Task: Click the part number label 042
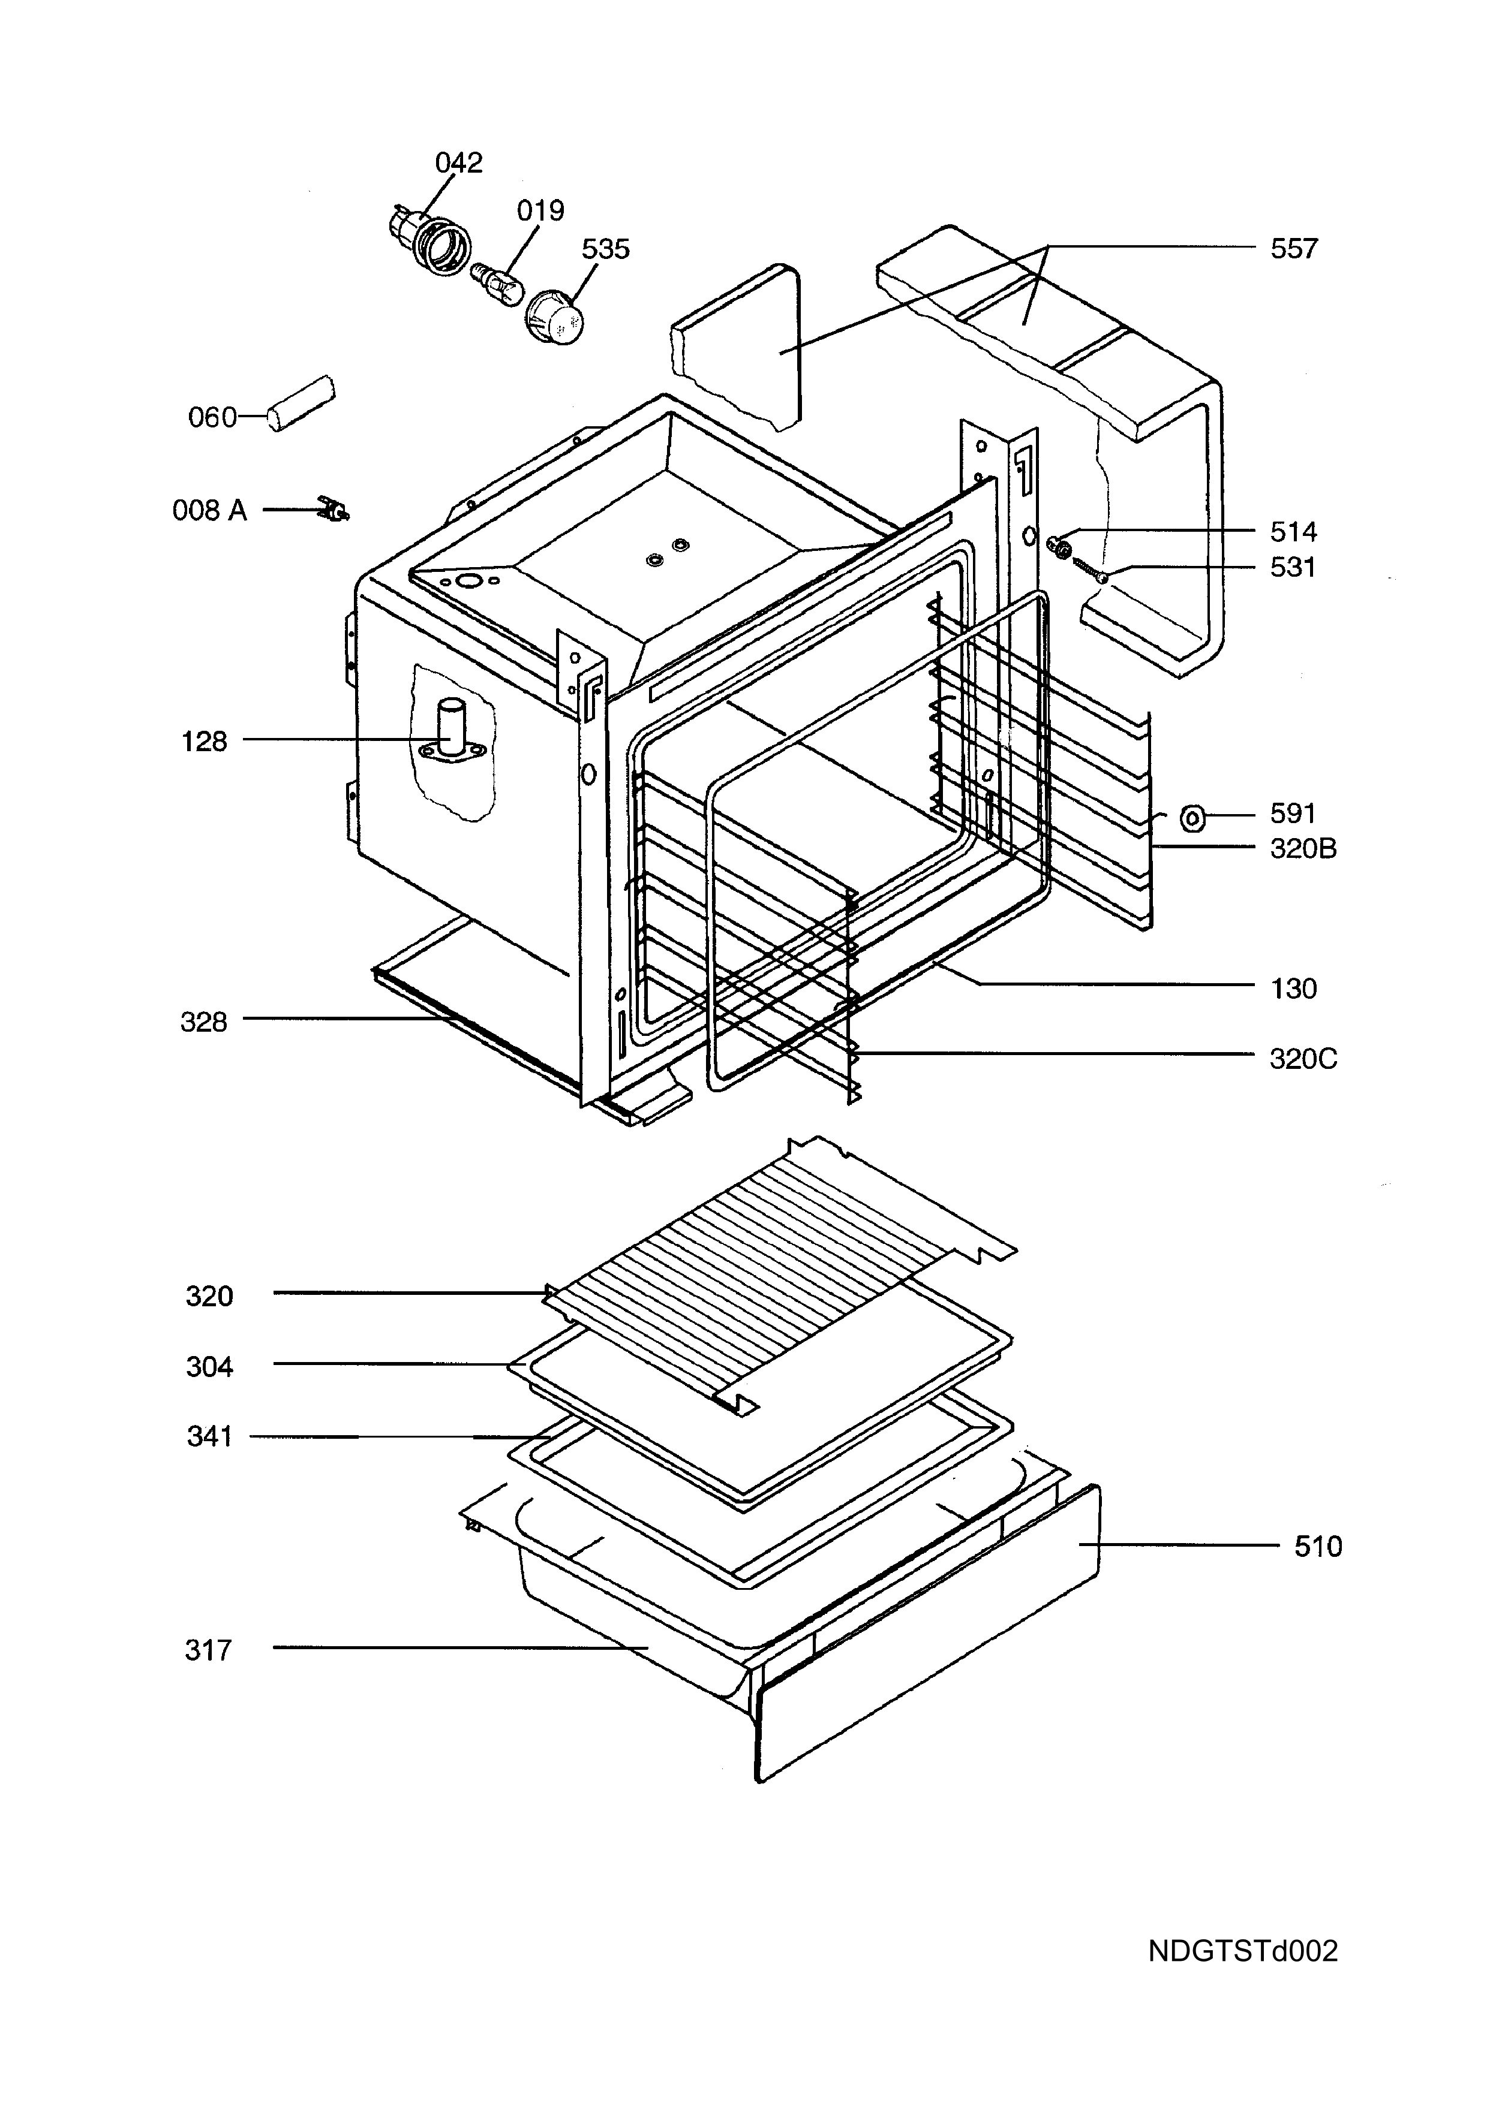[x=458, y=163]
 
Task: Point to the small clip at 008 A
[x=335, y=508]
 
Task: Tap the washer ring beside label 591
[x=1192, y=816]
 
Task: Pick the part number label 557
[x=1294, y=249]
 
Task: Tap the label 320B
[x=1303, y=849]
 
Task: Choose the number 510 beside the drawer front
[x=1318, y=1547]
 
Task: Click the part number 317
[x=208, y=1650]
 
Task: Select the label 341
[x=210, y=1437]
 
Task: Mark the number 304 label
[x=210, y=1367]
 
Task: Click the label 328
[x=203, y=1022]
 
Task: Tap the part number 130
[x=1294, y=989]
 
